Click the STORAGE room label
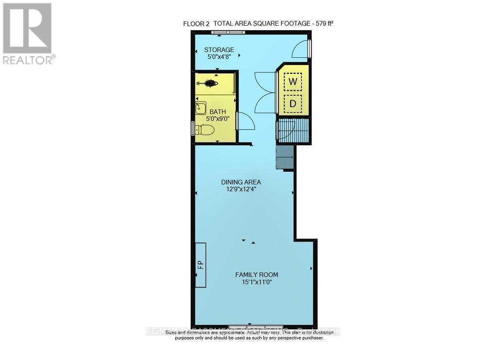(219, 50)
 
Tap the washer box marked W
(293, 82)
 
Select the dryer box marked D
(293, 103)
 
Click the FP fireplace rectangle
(200, 265)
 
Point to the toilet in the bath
(205, 130)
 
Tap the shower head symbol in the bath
(210, 84)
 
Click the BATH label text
(218, 112)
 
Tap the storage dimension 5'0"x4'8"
(219, 57)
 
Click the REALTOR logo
(28, 34)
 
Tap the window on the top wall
(228, 33)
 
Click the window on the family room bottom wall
(256, 326)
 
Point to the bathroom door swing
(245, 121)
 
